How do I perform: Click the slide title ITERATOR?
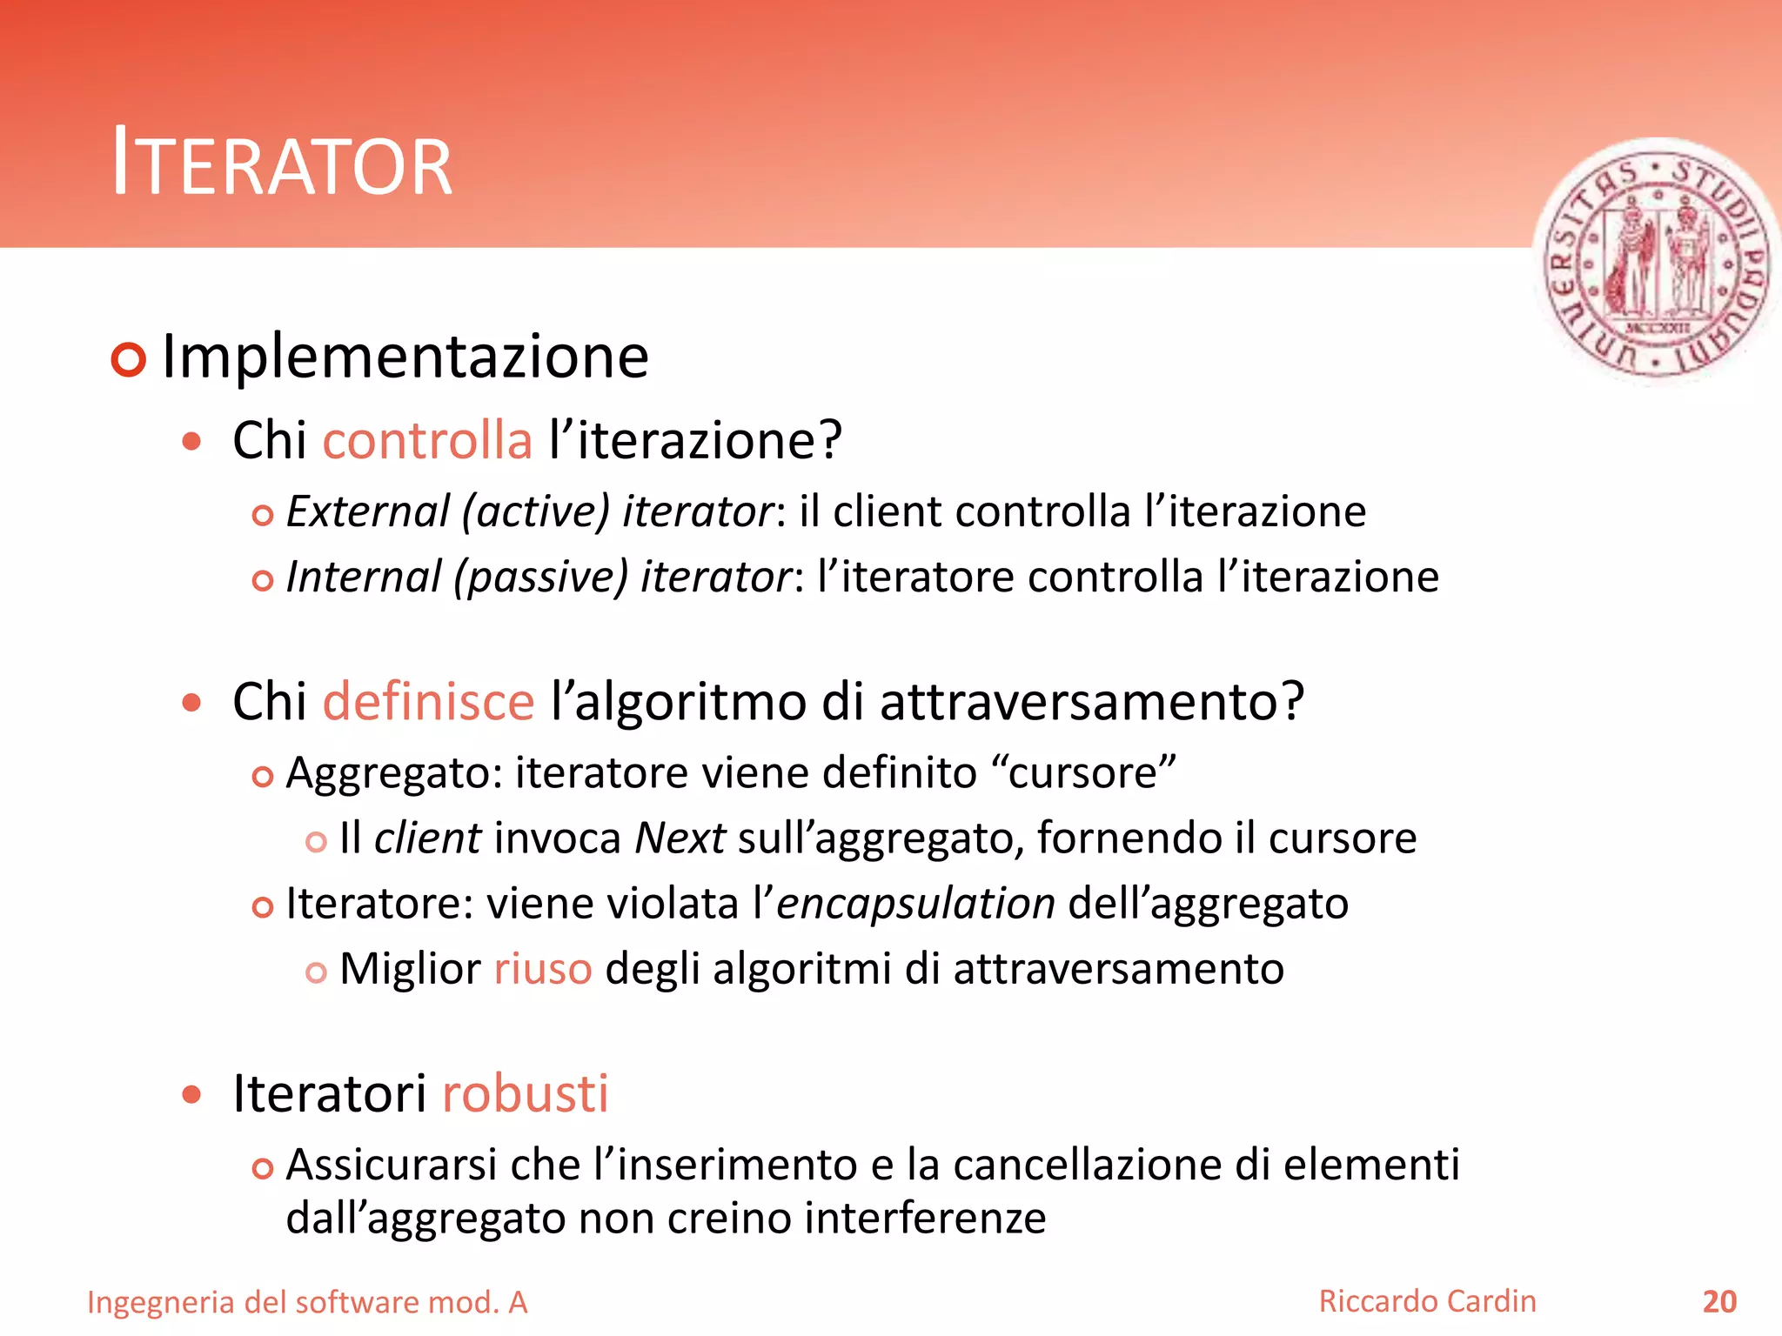(x=283, y=164)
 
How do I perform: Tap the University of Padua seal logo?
(x=1655, y=261)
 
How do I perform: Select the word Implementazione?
(x=405, y=357)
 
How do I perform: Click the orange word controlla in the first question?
(x=427, y=440)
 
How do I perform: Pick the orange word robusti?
(x=525, y=1093)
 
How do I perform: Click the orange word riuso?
(x=543, y=969)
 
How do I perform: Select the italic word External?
(x=368, y=511)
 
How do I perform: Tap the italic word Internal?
(x=364, y=578)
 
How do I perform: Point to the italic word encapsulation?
(x=915, y=904)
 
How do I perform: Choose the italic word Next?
(x=680, y=838)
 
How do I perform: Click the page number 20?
(x=1719, y=1302)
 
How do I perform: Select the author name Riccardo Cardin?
(x=1427, y=1301)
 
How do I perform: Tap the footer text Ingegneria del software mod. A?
(x=307, y=1303)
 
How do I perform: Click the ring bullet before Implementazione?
(x=129, y=359)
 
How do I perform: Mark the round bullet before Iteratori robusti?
(x=191, y=1094)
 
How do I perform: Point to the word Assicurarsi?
(x=392, y=1166)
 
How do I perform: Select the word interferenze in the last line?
(x=925, y=1219)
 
